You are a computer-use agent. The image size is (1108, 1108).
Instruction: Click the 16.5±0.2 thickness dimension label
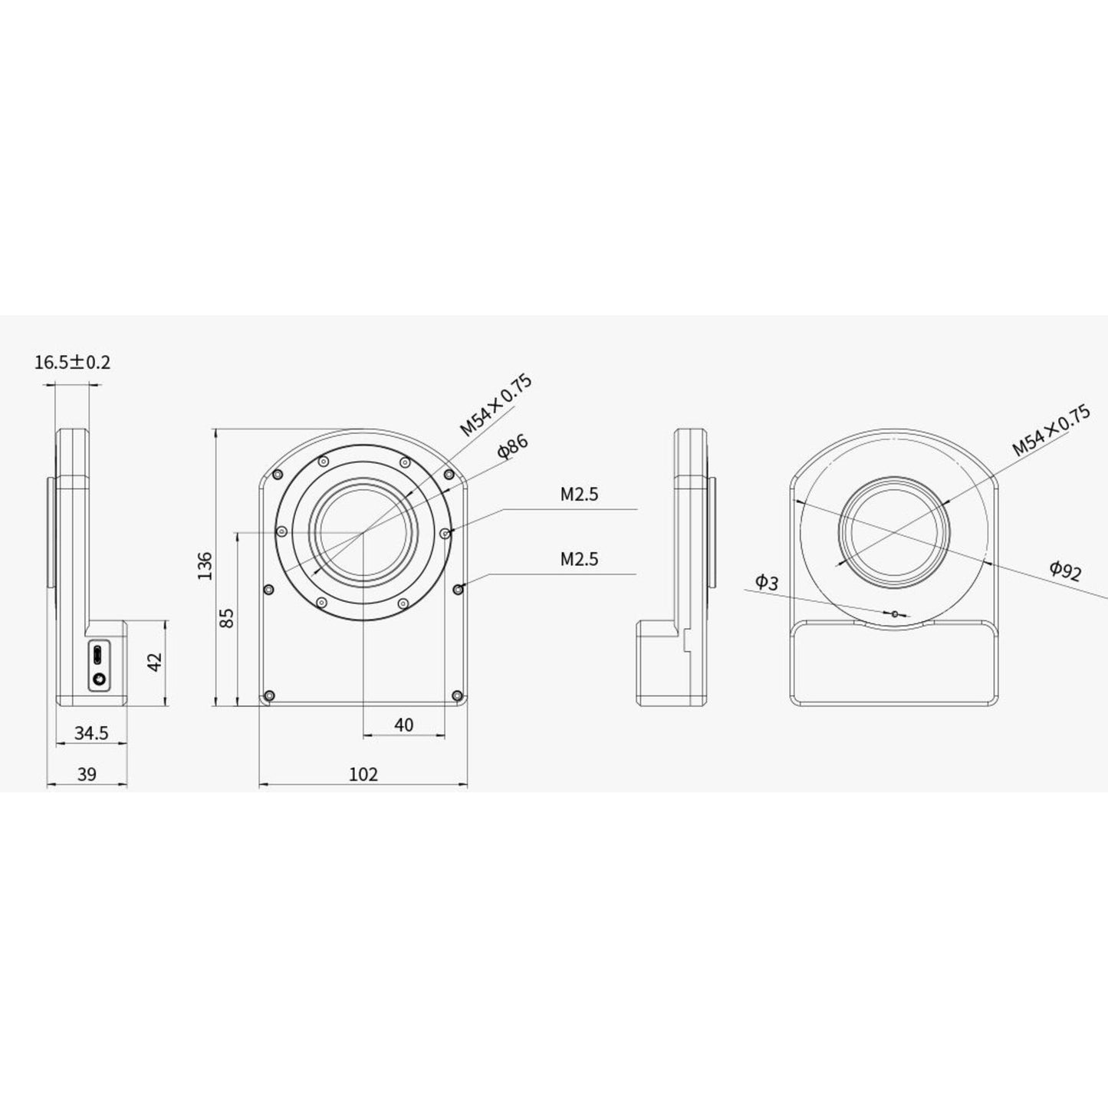click(x=72, y=362)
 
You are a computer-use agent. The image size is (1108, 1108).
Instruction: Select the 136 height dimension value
click(x=205, y=566)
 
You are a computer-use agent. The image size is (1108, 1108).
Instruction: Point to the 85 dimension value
click(x=227, y=618)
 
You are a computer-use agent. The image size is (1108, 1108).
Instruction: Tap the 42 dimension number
click(x=154, y=662)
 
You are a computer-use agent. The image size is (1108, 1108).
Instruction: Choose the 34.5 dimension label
click(x=91, y=734)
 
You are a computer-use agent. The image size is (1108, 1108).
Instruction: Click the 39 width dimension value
click(x=87, y=774)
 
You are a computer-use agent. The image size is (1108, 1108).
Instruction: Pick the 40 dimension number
click(x=403, y=725)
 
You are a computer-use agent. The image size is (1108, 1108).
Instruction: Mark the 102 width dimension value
click(x=363, y=774)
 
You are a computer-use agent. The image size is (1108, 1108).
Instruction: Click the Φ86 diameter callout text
click(x=512, y=447)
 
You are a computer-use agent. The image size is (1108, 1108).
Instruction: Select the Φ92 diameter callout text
click(x=1066, y=570)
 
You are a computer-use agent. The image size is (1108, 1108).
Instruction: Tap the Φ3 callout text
click(x=766, y=583)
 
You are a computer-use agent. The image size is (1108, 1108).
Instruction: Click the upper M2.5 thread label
click(x=579, y=495)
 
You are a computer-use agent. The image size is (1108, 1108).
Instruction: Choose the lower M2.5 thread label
click(x=579, y=559)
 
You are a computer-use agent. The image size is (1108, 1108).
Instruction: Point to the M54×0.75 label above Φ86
click(x=495, y=406)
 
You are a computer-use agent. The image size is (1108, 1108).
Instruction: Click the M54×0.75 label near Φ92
click(x=1050, y=432)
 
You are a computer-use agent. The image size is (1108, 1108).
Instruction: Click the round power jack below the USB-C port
click(x=98, y=679)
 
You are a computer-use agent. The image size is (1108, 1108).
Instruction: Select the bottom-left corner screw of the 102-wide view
click(x=268, y=695)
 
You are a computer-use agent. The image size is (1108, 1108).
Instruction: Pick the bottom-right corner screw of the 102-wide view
click(x=457, y=695)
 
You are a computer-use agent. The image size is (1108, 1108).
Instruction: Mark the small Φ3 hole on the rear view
click(x=894, y=613)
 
